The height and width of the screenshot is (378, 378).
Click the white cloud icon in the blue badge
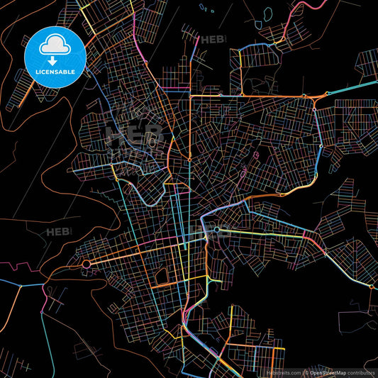55,45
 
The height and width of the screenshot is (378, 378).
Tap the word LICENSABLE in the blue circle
55,71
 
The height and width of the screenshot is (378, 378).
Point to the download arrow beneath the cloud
55,59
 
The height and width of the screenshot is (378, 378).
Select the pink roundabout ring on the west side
87,265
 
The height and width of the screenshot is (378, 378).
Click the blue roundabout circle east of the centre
216,230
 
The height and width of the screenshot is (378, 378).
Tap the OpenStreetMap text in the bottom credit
328,372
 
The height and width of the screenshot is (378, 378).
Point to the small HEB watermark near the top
212,40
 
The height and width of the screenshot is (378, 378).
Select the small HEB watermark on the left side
59,232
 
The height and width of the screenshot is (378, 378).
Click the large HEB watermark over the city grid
133,133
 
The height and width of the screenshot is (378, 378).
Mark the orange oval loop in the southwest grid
162,272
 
